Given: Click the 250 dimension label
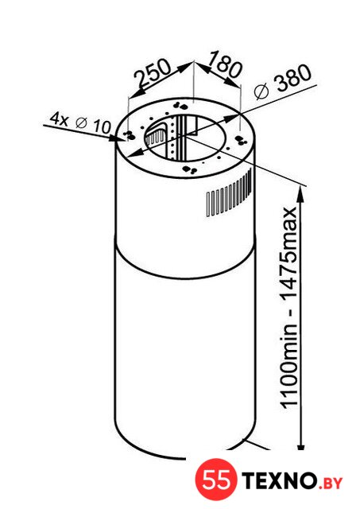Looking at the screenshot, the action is click(x=153, y=75).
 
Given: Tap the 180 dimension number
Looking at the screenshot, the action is click(x=225, y=65).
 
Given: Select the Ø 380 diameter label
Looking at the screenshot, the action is click(x=283, y=82).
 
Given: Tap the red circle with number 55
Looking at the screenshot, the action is click(x=216, y=479).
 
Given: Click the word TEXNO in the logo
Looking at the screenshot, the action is click(x=279, y=480).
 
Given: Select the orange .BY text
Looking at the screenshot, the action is click(x=330, y=484).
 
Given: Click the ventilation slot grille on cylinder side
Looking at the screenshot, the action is click(x=229, y=194).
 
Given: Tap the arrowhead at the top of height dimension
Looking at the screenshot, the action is click(x=301, y=194).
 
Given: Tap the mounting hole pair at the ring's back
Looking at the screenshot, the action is click(x=180, y=106).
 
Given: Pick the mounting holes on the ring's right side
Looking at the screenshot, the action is click(x=240, y=140).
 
